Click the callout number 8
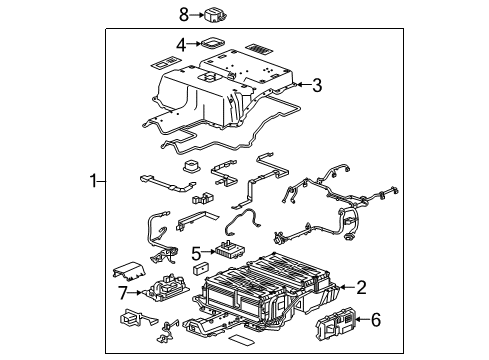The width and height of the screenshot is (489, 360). (x=183, y=14)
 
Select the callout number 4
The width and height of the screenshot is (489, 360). (x=181, y=44)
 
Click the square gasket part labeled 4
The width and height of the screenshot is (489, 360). (x=212, y=44)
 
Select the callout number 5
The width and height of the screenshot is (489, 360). (x=198, y=252)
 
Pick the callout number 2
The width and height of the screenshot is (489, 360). (x=361, y=287)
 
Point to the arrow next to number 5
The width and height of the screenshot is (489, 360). (x=211, y=252)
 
